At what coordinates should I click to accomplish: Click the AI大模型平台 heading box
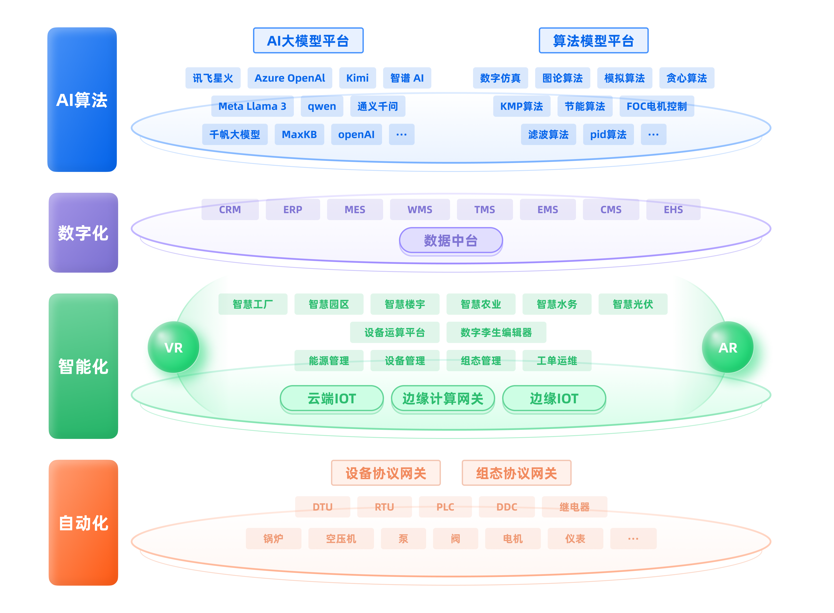[x=308, y=40]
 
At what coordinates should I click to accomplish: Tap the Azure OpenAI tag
[x=290, y=78]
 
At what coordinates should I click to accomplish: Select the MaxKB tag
[x=299, y=134]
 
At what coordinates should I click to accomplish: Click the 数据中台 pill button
[x=451, y=241]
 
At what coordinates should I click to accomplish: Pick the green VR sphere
[x=173, y=347]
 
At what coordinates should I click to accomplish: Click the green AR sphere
[x=728, y=347]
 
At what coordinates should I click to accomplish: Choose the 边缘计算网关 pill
[x=443, y=399]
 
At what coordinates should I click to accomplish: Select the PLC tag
[x=445, y=507]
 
